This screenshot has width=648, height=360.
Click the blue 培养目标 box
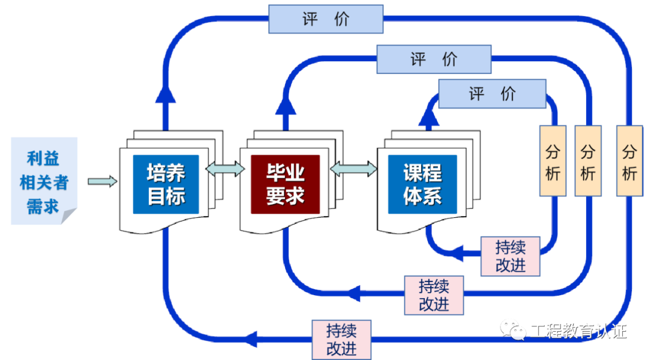point(166,184)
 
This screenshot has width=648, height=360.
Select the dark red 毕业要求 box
point(286,184)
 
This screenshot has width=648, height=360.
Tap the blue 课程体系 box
point(422,184)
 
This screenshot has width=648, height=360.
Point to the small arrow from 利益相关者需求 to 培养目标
point(102,181)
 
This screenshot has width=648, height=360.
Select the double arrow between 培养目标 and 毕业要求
point(225,168)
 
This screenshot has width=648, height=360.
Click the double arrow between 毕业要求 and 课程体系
point(353,169)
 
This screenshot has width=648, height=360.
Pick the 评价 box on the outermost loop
point(325,19)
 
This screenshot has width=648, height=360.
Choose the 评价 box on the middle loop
point(434,59)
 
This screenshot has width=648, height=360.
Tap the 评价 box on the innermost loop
point(492,94)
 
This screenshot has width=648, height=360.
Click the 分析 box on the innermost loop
point(553,161)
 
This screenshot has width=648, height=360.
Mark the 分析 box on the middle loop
point(587,161)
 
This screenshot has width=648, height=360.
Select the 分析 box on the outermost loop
point(629,161)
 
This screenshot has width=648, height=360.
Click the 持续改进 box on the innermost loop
point(511,256)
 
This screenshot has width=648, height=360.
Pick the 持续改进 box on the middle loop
point(434,295)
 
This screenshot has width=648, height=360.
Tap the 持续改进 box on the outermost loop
point(341,340)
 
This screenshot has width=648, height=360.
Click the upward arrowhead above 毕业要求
point(286,106)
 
